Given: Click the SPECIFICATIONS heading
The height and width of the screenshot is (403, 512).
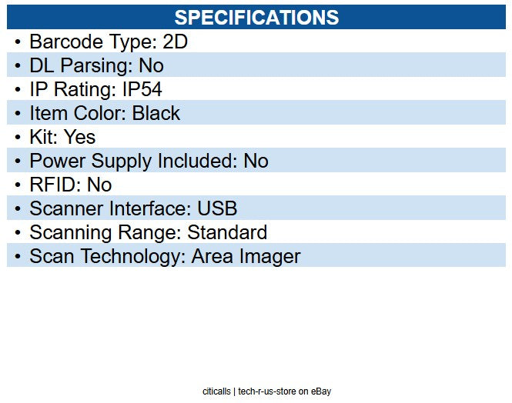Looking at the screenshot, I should tap(256, 17).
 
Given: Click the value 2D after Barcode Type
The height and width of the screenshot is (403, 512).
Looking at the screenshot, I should tap(176, 42).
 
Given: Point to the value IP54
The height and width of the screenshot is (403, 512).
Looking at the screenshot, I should tap(142, 89).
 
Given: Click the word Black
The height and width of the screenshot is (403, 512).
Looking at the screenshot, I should tap(156, 113).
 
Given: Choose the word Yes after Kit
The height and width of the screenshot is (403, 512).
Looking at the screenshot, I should tap(80, 137).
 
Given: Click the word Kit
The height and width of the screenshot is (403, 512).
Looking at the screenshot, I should tap(42, 137).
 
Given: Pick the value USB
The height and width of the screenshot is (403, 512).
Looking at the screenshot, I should tap(217, 208).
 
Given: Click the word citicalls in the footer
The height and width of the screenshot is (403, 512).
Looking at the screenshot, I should tap(216, 391).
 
